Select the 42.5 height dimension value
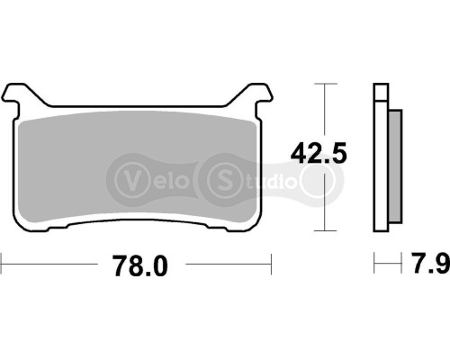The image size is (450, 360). [317, 155]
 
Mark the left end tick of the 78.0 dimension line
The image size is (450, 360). [2, 265]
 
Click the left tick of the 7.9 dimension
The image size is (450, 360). [374, 265]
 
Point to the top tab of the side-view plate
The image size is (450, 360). [381, 90]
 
